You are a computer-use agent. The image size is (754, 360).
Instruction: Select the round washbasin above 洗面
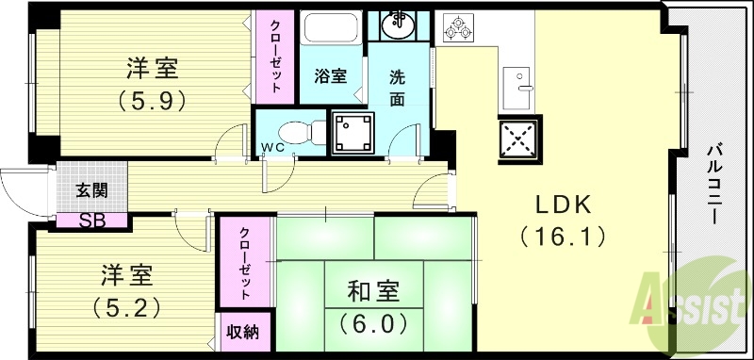point(400,25)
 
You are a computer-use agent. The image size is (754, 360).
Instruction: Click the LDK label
point(564,204)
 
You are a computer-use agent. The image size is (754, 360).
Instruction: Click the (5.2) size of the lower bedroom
point(126,304)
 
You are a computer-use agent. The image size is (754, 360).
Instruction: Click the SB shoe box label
point(92,221)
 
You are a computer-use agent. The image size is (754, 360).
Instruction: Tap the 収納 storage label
point(244,332)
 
